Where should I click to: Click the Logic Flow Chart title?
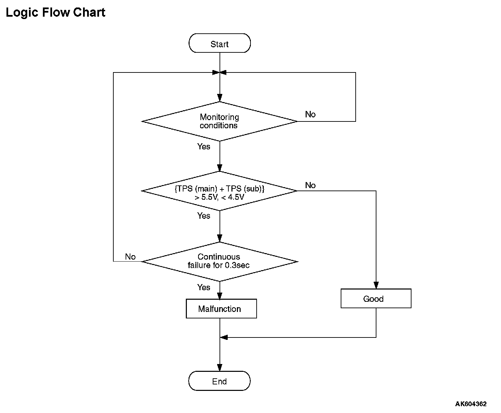pos(55,13)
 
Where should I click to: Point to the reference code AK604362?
pos(471,404)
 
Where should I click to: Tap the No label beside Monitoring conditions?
pos(310,114)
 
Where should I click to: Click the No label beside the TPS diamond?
pos(310,185)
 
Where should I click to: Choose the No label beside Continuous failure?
pos(130,257)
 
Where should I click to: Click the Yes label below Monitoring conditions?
pos(204,146)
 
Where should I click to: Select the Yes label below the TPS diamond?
pos(204,216)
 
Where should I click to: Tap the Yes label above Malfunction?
pos(204,287)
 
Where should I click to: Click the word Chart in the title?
pos(89,13)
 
